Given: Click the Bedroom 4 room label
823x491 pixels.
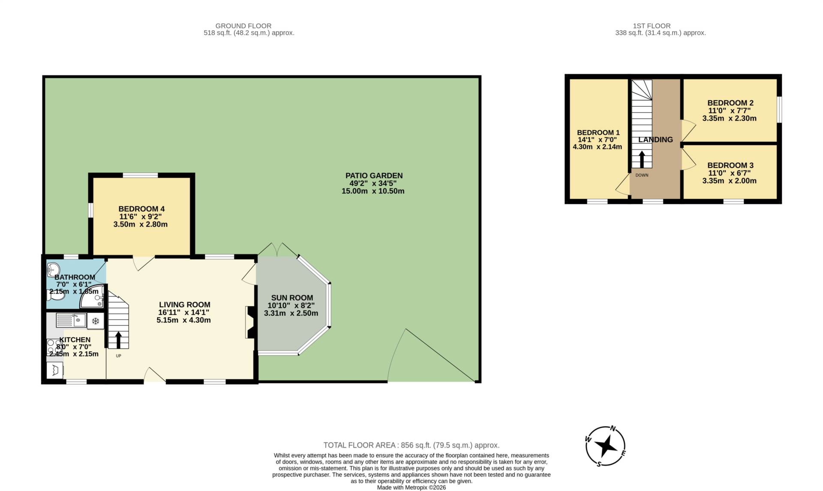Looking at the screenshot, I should click(141, 209).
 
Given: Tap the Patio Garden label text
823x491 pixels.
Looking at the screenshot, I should click(374, 176).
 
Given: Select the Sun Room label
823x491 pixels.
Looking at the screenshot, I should click(292, 298).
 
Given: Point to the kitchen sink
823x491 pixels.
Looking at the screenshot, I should click(71, 320).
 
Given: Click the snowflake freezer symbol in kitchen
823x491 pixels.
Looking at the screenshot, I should click(96, 321).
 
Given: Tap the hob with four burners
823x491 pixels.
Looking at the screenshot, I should click(54, 347).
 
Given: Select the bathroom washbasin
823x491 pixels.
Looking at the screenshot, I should click(54, 269).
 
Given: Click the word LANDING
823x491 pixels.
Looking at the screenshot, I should click(655, 140).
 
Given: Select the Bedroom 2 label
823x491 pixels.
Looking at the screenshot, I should click(730, 103).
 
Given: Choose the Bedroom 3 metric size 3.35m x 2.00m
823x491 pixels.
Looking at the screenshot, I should click(729, 181).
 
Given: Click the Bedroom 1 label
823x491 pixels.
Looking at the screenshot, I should click(598, 133).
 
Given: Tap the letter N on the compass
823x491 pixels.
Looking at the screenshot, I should click(613, 428).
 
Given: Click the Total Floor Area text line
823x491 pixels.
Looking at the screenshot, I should click(411, 445).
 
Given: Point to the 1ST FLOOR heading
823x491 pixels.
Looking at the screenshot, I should click(652, 26).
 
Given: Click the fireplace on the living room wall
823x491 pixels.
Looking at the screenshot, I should click(250, 322).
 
